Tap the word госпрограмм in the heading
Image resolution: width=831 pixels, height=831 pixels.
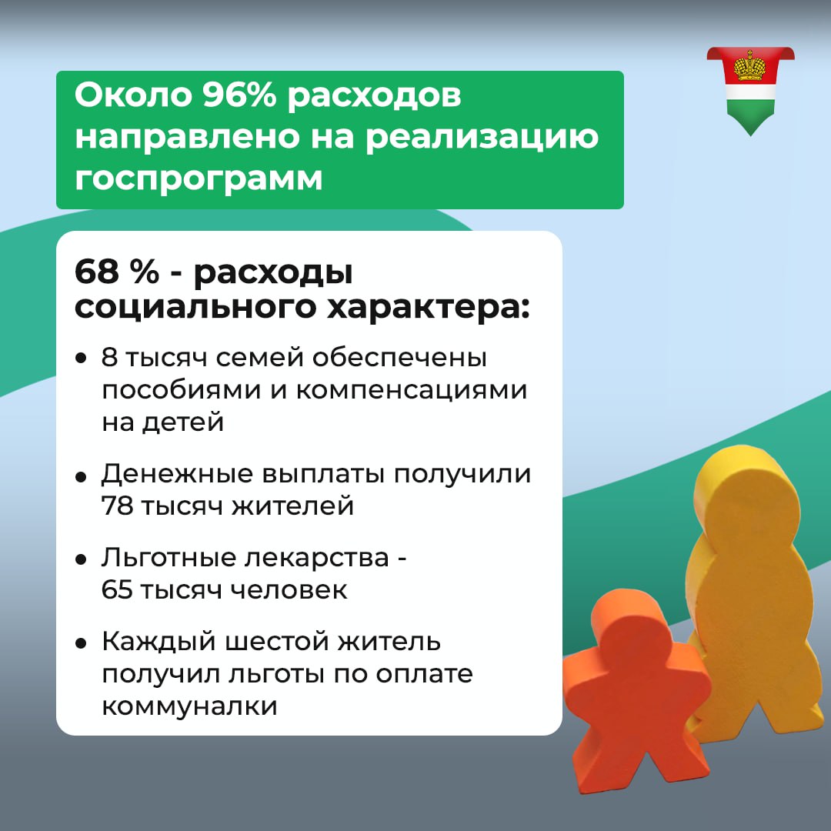(199, 179)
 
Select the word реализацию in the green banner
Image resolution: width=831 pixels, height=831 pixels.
(482, 138)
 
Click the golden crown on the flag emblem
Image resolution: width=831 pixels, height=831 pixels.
(749, 65)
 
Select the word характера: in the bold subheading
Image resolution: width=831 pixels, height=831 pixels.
(429, 308)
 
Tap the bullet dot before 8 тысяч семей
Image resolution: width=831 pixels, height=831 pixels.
(81, 359)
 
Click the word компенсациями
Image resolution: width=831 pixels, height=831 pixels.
(411, 391)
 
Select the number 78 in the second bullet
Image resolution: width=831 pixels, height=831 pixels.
(117, 506)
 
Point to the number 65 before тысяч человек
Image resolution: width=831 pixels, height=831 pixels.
(117, 590)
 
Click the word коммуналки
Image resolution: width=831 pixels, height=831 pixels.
(189, 706)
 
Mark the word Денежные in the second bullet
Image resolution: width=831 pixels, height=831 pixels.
(177, 474)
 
